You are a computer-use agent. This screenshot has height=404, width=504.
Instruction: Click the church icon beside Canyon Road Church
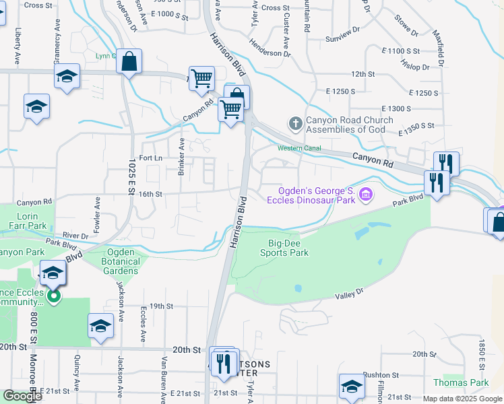(x=295, y=123)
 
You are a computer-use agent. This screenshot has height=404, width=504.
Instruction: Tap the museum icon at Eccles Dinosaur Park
(x=366, y=195)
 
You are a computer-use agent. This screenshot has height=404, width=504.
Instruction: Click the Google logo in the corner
(x=23, y=396)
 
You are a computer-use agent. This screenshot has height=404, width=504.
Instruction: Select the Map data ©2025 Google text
(x=462, y=399)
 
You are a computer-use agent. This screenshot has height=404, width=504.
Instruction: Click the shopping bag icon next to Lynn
(x=128, y=62)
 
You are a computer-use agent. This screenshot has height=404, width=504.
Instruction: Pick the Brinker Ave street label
(x=181, y=157)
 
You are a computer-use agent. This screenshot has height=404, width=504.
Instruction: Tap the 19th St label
(x=162, y=306)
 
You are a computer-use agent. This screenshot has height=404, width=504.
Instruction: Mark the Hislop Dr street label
(x=415, y=67)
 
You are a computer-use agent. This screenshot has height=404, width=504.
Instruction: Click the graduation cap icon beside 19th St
(x=100, y=325)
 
